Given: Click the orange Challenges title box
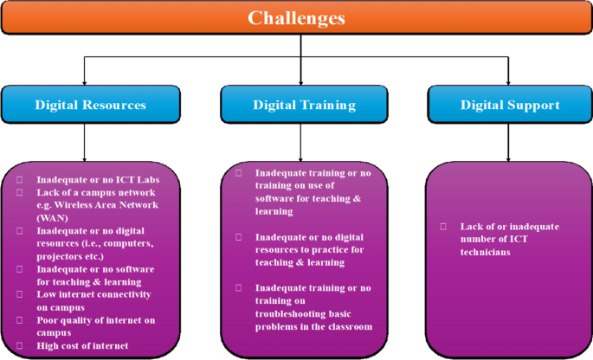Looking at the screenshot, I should pyautogui.click(x=296, y=18).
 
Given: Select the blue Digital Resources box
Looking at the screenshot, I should pyautogui.click(x=90, y=105).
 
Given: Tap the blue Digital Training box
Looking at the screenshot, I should pyautogui.click(x=304, y=105).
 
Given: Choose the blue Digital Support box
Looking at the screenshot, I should pyautogui.click(x=509, y=105).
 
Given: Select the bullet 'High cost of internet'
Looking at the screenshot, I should pyautogui.click(x=82, y=345).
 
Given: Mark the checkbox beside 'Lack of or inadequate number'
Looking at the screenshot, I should pyautogui.click(x=442, y=227).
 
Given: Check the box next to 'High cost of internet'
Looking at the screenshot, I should pyautogui.click(x=20, y=345).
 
